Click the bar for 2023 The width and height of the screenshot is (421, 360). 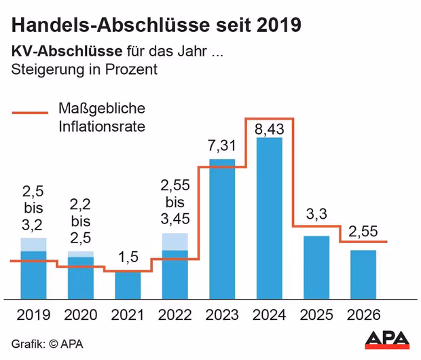pos(222,229)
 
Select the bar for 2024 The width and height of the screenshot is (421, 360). pos(269,217)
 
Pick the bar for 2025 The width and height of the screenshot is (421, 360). pos(316,266)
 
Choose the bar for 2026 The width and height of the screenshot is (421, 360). pos(363,274)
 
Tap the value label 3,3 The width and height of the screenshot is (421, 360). pos(316,215)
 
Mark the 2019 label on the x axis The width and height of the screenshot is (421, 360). pos(33,315)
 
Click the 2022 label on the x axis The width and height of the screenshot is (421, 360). pos(175,315)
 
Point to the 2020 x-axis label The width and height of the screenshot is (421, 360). pos(81,315)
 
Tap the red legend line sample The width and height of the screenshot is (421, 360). pos(30,113)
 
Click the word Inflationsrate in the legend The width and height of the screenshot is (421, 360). pos(102,126)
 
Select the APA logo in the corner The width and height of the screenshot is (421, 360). pos(387,339)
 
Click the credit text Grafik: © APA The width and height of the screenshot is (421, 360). pos(47,344)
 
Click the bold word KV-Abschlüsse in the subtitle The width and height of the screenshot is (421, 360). pos(66,52)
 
